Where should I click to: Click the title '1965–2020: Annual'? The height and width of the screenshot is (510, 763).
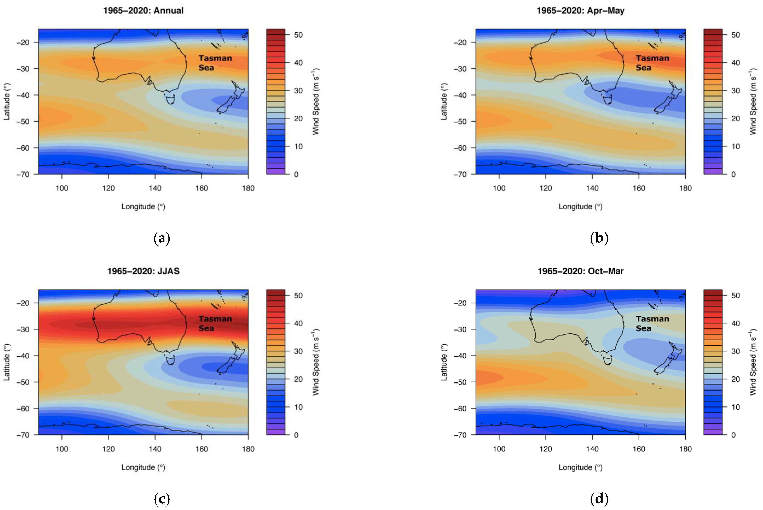143,10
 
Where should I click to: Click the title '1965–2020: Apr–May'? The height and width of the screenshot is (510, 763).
580,10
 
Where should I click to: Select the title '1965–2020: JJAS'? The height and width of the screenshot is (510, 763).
143,271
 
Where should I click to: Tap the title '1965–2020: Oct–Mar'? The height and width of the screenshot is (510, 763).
580,271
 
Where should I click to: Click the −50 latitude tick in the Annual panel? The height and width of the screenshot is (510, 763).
23,121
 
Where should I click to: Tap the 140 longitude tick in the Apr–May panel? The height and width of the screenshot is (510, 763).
592,188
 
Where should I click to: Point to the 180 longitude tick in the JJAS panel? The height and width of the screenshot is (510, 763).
248,449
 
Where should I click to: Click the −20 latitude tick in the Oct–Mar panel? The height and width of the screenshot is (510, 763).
460,303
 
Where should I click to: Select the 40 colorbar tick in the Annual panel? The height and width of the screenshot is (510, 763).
298,62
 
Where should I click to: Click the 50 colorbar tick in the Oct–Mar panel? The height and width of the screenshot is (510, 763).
735,295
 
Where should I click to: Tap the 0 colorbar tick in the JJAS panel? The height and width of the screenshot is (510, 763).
296,435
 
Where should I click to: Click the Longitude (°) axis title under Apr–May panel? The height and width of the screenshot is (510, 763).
580,207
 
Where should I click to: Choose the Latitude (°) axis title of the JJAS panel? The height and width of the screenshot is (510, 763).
6,362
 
